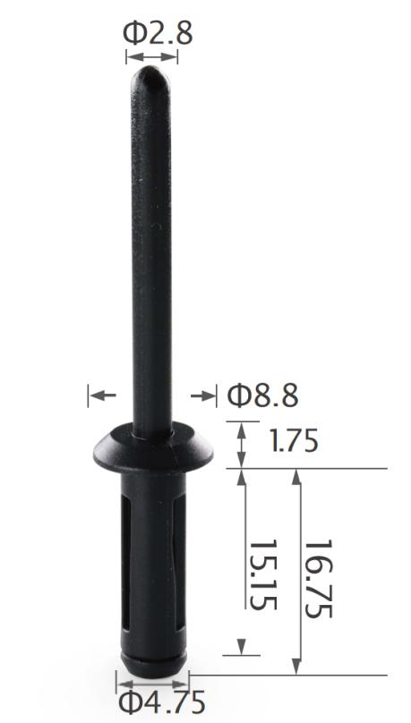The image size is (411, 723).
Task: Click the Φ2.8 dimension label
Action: coord(158,34)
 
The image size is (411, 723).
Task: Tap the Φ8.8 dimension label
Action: coord(263,396)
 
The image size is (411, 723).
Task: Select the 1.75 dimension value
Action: coord(294,441)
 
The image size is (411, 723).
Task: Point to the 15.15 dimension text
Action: coord(263,574)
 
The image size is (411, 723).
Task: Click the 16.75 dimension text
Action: coord(318,579)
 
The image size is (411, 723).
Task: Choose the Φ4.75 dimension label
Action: coord(162,702)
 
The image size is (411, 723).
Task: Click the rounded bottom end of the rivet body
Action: coord(154,664)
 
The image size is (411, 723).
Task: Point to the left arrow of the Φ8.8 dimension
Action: coord(103,396)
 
